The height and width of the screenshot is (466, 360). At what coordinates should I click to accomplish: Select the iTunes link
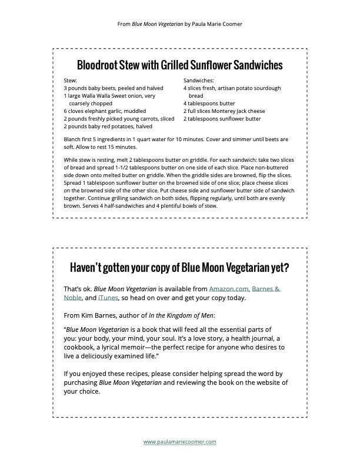click(108, 298)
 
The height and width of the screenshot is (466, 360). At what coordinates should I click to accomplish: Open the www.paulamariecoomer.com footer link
click(180, 441)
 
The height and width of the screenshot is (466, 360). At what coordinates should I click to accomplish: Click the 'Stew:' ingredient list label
click(70, 80)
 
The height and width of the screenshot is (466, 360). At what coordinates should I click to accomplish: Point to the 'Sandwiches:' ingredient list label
click(199, 80)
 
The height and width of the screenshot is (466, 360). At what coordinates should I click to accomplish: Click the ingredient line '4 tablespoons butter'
click(209, 103)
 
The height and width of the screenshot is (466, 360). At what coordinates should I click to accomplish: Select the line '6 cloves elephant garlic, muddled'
click(104, 111)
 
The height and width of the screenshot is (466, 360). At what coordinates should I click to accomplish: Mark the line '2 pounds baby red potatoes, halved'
click(108, 126)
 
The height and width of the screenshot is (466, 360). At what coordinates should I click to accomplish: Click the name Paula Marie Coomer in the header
click(217, 24)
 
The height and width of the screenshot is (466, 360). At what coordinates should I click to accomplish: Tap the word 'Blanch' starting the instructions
click(72, 139)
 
